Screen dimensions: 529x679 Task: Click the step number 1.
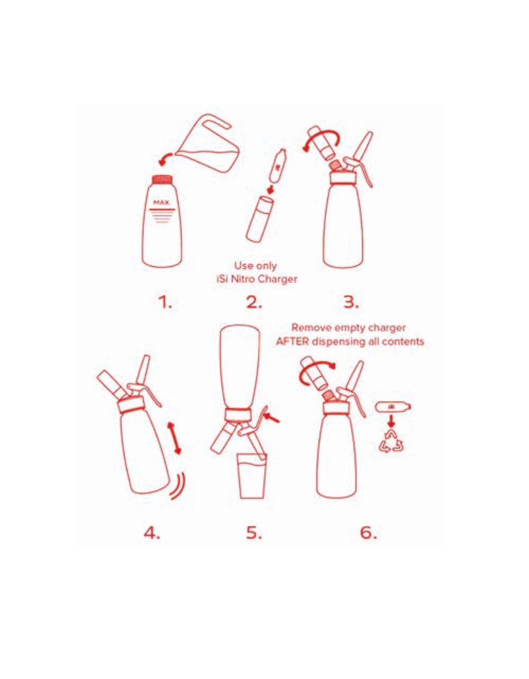click(x=164, y=301)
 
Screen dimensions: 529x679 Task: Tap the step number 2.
click(x=254, y=301)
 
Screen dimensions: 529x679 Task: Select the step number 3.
click(x=351, y=301)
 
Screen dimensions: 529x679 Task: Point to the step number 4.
click(x=152, y=533)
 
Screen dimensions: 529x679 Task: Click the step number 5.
click(x=255, y=533)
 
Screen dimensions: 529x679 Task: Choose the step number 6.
click(x=368, y=533)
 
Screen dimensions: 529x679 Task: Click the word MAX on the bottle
click(x=162, y=203)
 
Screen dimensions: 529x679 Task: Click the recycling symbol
click(x=391, y=442)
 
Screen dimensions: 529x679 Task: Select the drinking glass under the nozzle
click(x=252, y=476)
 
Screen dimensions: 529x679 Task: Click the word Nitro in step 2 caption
click(x=243, y=279)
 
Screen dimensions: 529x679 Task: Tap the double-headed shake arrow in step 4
click(x=174, y=438)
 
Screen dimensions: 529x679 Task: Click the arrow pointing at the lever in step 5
click(x=272, y=417)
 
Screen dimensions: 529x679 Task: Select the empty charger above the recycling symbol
click(x=393, y=407)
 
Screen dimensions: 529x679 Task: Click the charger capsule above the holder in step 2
click(x=277, y=165)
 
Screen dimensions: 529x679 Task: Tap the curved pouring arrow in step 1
click(x=166, y=159)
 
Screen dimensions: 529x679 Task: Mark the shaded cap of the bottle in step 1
click(x=162, y=179)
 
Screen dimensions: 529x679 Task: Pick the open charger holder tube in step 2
click(x=260, y=219)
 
